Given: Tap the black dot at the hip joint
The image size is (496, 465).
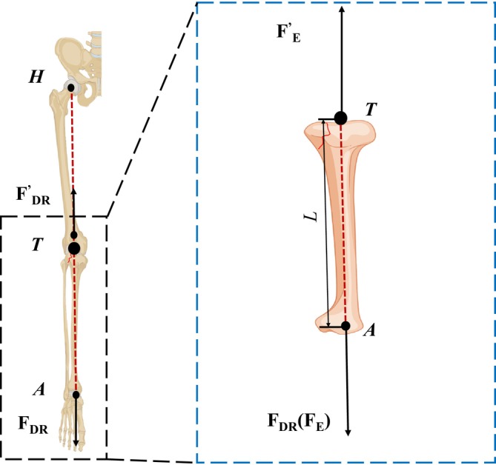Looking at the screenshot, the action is (x=72, y=88).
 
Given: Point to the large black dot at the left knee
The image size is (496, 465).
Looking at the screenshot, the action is (x=74, y=248).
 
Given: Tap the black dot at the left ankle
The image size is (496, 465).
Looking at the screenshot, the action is (x=76, y=395).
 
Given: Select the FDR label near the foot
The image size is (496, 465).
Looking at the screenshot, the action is (x=35, y=425).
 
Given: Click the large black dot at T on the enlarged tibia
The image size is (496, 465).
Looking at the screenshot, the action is (x=340, y=117).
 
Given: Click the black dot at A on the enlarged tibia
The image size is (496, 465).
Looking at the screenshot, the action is (x=345, y=325).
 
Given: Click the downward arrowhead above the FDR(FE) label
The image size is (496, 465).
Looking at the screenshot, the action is (x=348, y=430).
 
